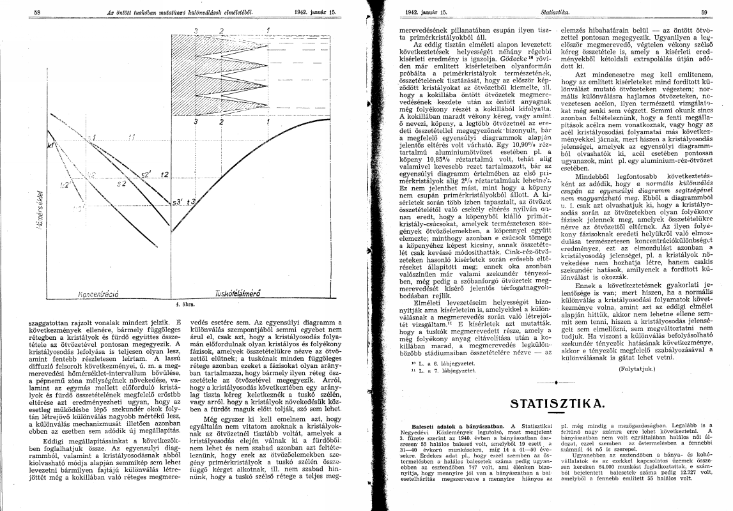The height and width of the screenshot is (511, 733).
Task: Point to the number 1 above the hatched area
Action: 267,30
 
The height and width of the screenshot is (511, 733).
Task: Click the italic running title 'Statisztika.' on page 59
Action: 552,12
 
